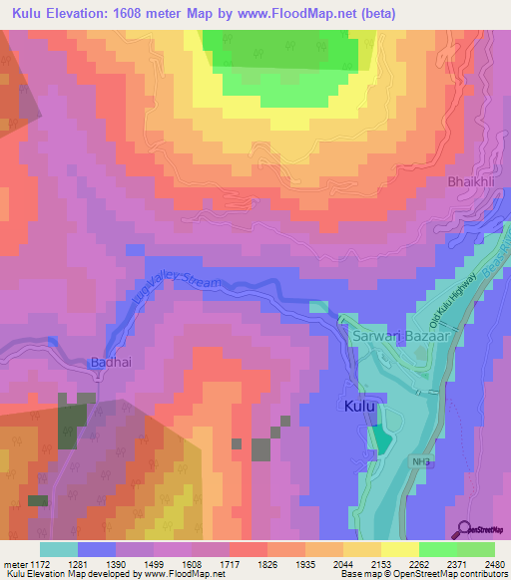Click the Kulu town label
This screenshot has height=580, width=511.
point(359,407)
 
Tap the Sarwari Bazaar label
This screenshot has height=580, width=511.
point(397,339)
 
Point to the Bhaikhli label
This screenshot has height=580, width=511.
point(471,182)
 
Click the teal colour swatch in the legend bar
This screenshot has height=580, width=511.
point(58,549)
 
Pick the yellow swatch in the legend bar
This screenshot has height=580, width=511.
point(399,549)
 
